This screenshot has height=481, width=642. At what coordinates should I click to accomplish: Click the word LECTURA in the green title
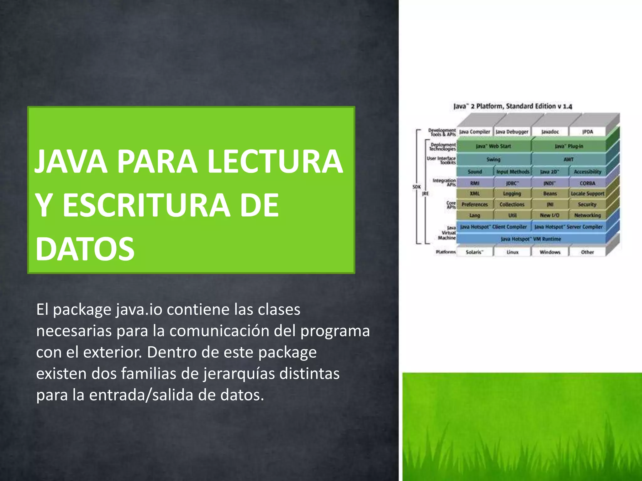coord(275,162)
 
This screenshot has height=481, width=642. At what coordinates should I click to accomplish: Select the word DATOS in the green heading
coord(85,249)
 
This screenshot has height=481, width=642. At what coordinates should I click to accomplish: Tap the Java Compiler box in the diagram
coord(475,132)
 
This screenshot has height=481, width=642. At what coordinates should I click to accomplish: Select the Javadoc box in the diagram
coord(550,132)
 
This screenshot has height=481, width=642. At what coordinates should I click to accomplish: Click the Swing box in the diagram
coord(493,159)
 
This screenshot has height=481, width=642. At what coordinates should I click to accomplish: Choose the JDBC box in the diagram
coord(512,183)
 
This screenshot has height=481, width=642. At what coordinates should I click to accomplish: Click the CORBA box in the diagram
coord(587,183)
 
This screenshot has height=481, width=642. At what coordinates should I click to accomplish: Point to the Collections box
coord(512,204)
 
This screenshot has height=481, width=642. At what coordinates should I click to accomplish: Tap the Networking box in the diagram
coord(587,215)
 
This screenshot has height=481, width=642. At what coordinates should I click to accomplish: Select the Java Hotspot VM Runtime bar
coord(531,239)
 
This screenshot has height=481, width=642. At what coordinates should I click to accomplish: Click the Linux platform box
coord(512,252)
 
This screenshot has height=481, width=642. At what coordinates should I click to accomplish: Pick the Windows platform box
coord(550,252)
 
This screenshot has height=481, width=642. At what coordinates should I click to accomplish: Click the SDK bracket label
coord(417,187)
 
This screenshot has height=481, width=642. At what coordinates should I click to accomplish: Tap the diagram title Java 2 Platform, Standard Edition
coord(513,106)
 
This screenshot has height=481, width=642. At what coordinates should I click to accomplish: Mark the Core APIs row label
coord(451,205)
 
